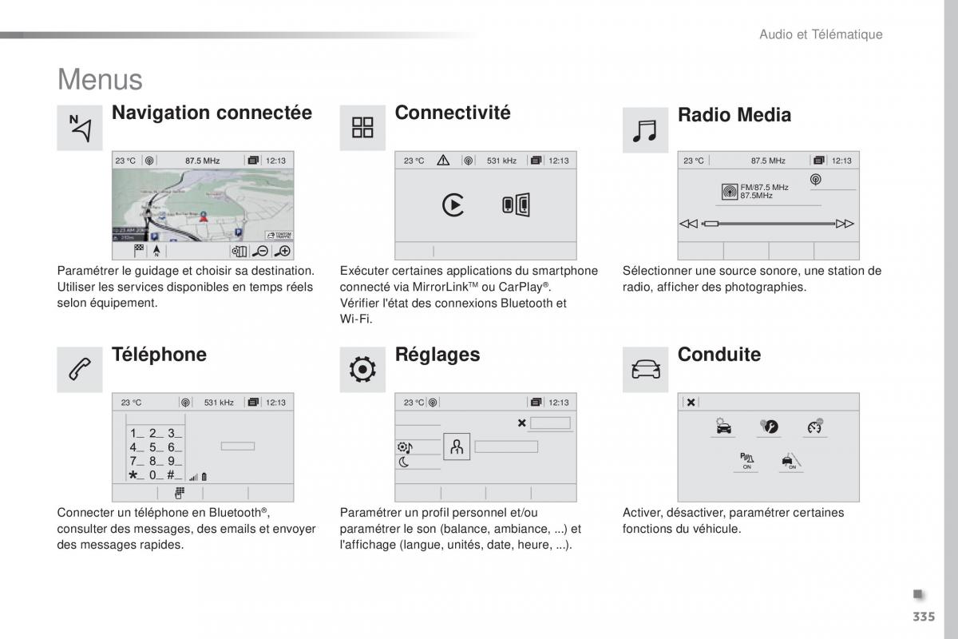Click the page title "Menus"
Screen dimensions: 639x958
tap(100, 80)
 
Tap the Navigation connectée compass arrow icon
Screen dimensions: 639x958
tap(80, 128)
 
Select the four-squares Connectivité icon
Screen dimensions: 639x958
tap(362, 128)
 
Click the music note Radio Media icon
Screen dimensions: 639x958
tap(644, 130)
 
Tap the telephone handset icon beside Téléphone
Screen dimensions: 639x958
tap(80, 370)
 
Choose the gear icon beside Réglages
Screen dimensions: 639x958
tap(362, 370)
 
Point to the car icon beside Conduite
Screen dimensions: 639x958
tap(645, 370)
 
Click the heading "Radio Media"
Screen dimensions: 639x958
tap(734, 115)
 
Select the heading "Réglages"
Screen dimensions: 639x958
tap(437, 355)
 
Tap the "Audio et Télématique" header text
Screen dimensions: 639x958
tap(820, 34)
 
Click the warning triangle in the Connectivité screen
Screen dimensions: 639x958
tap(443, 161)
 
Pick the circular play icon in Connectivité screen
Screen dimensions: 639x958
tap(453, 205)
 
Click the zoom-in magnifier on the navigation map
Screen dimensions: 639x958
tap(283, 251)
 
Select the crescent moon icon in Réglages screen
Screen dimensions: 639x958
tap(404, 462)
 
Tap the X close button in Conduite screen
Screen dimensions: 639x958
tap(691, 403)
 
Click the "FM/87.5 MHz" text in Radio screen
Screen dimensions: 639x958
tap(764, 187)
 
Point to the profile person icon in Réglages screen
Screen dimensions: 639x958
tap(457, 447)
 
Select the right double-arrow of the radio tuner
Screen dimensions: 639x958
tap(845, 224)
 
